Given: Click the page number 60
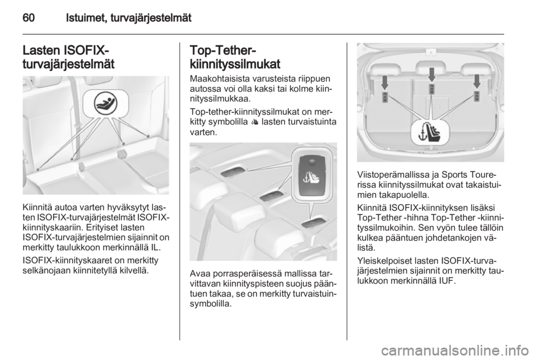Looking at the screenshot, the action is (x=29, y=17).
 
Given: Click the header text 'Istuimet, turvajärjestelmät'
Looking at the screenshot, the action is (x=129, y=18).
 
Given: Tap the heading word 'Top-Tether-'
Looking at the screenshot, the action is (x=222, y=50).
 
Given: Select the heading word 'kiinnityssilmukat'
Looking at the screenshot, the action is (x=235, y=64).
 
